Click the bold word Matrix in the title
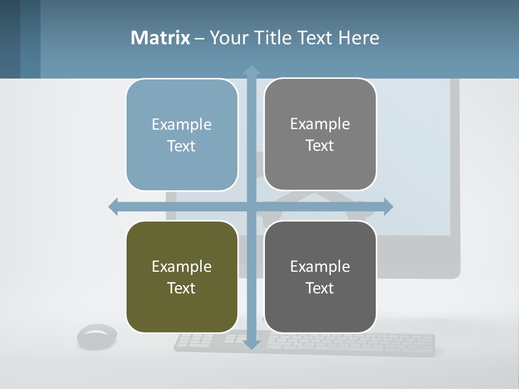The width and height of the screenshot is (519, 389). click(161, 38)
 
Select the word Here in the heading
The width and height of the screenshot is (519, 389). click(358, 38)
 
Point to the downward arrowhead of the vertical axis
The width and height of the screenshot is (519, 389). click(251, 344)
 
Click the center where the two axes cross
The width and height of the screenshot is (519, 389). click(251, 206)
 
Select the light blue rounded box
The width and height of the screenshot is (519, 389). click(182, 97)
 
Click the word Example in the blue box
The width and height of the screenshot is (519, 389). click(182, 125)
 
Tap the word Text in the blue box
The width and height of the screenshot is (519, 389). click(182, 146)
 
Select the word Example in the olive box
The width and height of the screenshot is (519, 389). click(182, 267)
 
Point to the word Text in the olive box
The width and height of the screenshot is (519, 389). click(182, 288)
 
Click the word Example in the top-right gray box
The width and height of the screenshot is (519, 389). click(320, 124)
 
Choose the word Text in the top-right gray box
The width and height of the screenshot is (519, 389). click(320, 145)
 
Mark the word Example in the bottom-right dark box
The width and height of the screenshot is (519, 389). click(320, 267)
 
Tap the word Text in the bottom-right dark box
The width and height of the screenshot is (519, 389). click(320, 288)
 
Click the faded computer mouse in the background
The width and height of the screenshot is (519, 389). click(97, 336)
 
